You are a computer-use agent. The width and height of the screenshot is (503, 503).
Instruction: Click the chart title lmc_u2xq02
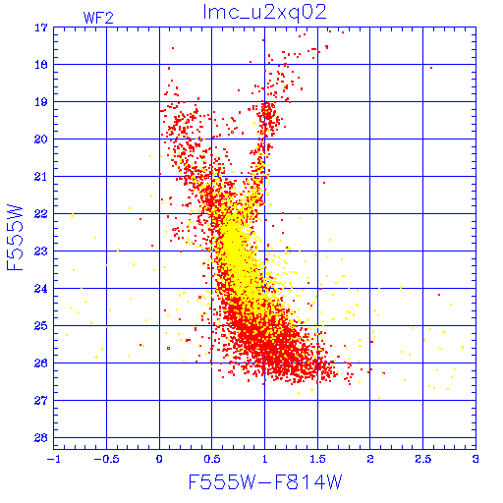[x=264, y=13]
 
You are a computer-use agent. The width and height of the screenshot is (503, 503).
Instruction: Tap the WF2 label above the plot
[x=98, y=18]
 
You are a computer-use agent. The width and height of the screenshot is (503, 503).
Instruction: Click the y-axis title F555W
[x=15, y=238]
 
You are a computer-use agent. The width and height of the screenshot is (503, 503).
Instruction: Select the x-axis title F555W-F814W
[x=265, y=481]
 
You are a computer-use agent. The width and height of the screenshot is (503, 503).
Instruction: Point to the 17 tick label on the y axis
[x=41, y=28]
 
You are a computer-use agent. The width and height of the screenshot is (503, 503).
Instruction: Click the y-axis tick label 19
[x=41, y=102]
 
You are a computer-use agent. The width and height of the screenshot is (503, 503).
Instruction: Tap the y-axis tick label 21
[x=41, y=177]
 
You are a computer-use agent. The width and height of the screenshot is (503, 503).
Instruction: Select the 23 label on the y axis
[x=41, y=251]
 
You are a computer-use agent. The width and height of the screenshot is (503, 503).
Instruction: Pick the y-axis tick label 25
[x=41, y=326]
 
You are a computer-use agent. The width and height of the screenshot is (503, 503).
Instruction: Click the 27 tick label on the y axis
[x=41, y=401]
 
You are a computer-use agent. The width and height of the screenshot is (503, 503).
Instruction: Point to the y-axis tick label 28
[x=41, y=438]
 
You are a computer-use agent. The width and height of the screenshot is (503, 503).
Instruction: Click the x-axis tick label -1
[x=54, y=459]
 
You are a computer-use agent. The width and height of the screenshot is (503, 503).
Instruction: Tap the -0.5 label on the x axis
[x=107, y=459]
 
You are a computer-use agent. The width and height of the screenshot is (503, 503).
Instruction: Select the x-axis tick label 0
[x=159, y=459]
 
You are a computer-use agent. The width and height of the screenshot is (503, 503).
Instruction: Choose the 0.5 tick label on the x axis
[x=212, y=459]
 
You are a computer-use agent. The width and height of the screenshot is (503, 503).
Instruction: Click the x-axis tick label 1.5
[x=317, y=459]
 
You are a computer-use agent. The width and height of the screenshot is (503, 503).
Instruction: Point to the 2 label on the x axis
[x=370, y=459]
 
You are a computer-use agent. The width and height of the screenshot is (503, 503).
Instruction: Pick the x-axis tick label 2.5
[x=423, y=459]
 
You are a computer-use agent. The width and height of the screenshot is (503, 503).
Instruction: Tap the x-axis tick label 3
[x=475, y=459]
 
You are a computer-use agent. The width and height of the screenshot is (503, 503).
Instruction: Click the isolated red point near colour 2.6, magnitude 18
[x=431, y=68]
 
